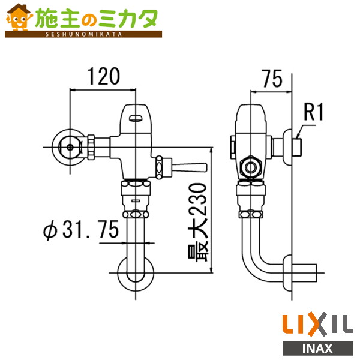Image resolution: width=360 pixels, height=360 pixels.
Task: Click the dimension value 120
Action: (104, 76)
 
